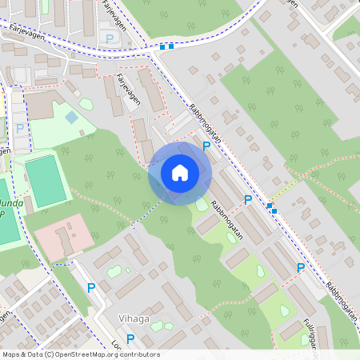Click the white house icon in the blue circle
click(x=180, y=173)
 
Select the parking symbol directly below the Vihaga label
click(x=130, y=338)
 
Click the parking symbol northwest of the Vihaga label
click(x=91, y=287)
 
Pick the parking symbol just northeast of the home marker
click(x=206, y=146)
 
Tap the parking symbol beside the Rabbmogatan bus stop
click(x=248, y=199)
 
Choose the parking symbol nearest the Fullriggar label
click(x=301, y=269)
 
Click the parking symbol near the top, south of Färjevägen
click(x=110, y=38)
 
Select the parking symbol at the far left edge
click(x=20, y=128)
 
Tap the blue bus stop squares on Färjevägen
click(x=166, y=47)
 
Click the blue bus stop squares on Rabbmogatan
click(x=271, y=208)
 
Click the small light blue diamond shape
click(x=71, y=117)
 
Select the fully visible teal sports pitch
click(x=46, y=179)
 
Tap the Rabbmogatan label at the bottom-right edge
click(x=342, y=301)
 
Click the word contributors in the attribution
click(x=138, y=354)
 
